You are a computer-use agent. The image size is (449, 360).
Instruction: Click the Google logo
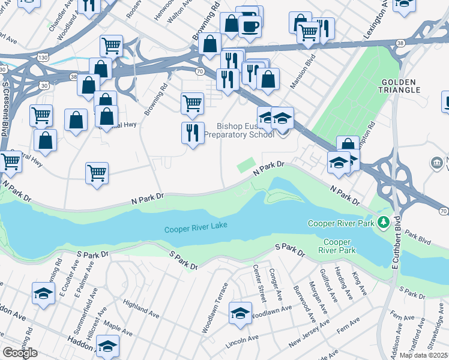click(20, 353)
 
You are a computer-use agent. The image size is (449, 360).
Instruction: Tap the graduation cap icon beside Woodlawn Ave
click(240, 313)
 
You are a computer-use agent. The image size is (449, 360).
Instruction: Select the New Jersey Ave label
click(309, 333)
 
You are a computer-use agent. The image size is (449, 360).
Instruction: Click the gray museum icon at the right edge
click(437, 163)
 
